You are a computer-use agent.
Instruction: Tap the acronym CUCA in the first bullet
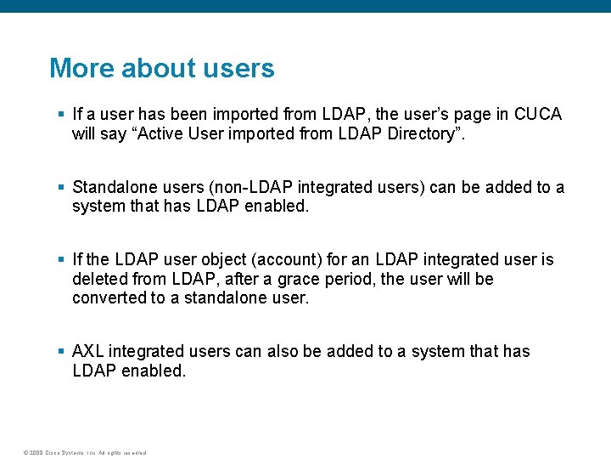point(538,115)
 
